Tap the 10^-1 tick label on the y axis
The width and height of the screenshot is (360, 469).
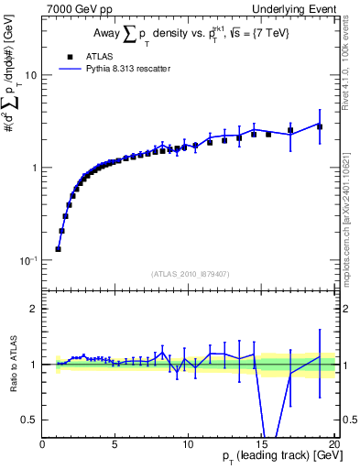tap(27, 260)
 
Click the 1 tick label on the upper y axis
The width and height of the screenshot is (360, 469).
tap(34, 169)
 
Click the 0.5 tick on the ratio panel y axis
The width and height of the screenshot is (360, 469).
tap(29, 420)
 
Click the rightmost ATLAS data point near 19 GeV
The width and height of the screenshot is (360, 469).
tap(320, 126)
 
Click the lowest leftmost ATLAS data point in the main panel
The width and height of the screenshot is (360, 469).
tap(58, 248)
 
